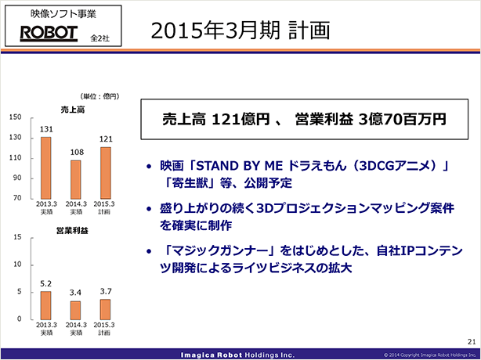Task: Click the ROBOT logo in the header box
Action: [49, 34]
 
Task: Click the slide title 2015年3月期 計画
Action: [240, 31]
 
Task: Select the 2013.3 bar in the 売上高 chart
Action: [45, 168]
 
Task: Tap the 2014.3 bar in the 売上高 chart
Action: [76, 179]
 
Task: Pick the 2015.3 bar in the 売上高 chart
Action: [106, 173]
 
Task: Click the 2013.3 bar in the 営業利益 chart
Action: [45, 305]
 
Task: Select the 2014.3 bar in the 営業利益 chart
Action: [75, 311]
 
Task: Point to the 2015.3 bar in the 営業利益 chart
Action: [105, 309]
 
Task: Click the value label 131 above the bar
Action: [46, 129]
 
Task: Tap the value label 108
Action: [77, 153]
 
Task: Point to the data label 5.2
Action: [46, 284]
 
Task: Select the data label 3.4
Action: [75, 293]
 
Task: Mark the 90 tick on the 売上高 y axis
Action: [17, 178]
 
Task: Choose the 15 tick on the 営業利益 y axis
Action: [17, 237]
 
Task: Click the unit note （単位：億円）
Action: [99, 96]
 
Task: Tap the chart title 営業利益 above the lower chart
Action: [72, 231]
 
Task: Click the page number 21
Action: [472, 342]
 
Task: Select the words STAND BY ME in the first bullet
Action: [239, 166]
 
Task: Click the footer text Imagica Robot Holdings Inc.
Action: [237, 355]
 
